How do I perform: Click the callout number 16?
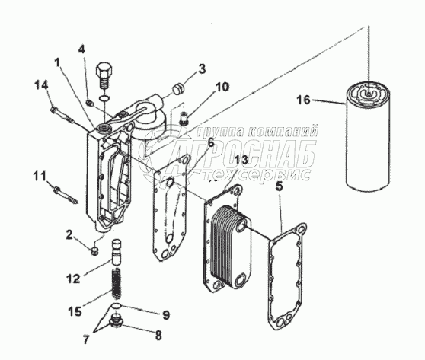pos(303,100)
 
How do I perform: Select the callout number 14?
pos(41,85)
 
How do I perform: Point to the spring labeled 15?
pos(117,284)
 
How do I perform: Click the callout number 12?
pos(73,279)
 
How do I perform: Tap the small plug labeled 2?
pos(94,251)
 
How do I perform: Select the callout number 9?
pos(165,314)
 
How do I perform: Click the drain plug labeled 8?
pos(117,321)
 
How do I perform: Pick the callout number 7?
pos(85,339)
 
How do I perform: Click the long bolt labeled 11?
pos(66,196)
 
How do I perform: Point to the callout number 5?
pos(280,187)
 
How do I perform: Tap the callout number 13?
pos(241,160)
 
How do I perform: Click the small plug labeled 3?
pos(178,89)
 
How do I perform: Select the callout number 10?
pos(222,87)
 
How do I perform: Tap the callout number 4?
pos(81,49)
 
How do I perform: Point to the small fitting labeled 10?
pos(184,118)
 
